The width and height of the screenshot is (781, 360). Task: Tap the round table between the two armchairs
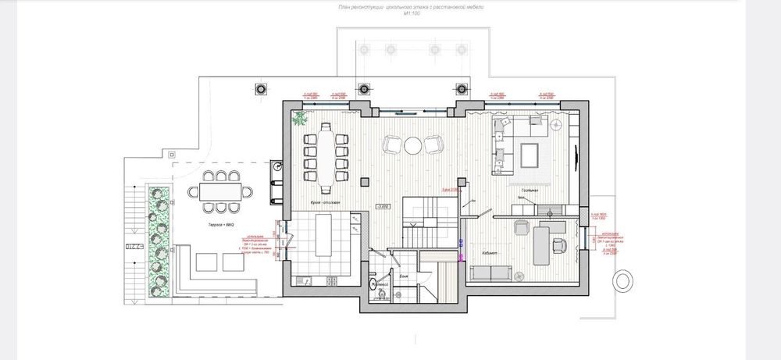412,144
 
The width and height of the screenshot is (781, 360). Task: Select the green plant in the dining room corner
299,118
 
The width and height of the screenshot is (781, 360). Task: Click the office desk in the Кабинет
539,241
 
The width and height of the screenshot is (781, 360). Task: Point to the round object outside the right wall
625,280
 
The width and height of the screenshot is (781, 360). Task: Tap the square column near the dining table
363,181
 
